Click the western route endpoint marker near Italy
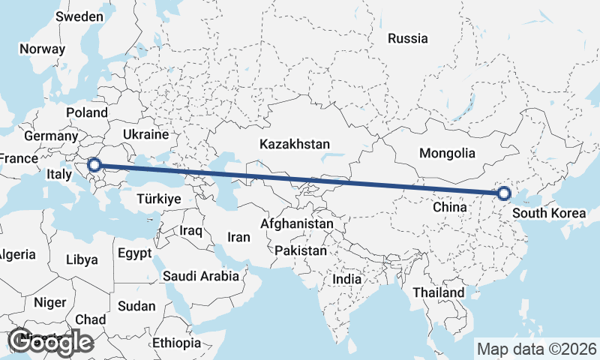tap(94, 165)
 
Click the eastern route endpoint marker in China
tap(504, 194)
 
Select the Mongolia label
tap(447, 153)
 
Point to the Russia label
tap(408, 38)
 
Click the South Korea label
tap(548, 214)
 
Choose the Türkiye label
tap(159, 199)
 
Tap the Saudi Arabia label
tap(201, 276)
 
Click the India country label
tap(346, 279)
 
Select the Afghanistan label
tap(297, 223)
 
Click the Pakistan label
tap(301, 250)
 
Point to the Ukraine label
tap(145, 135)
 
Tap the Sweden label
tap(79, 16)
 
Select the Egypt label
tap(135, 252)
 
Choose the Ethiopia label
tap(176, 343)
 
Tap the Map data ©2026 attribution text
tap(537, 349)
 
